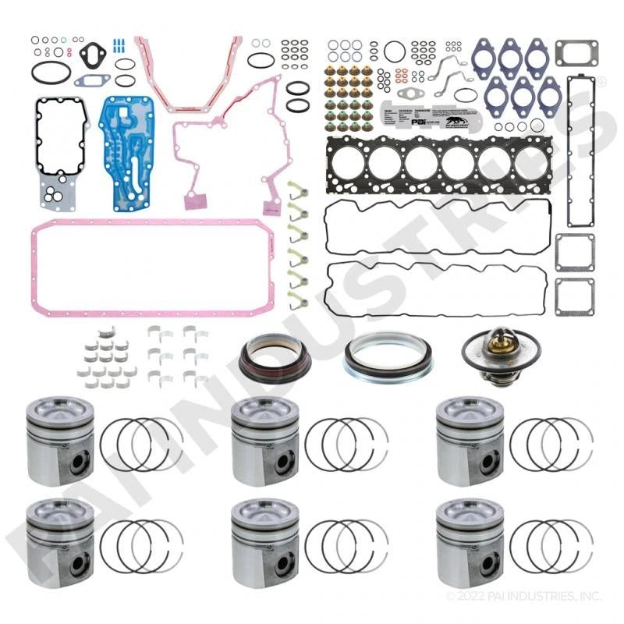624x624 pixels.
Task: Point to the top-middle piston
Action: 264,441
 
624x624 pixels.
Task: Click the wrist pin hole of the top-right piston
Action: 488,460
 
